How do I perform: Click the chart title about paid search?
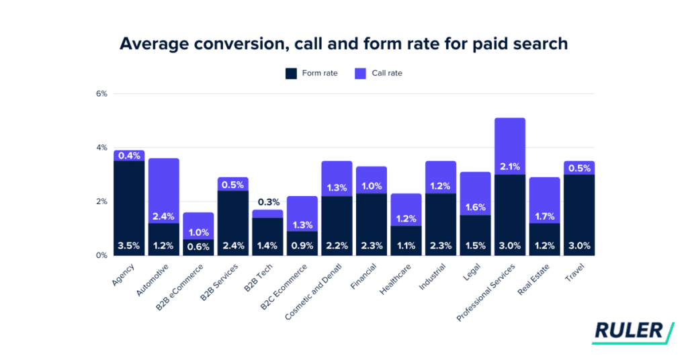pos(343,44)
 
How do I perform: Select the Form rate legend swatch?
pos(291,73)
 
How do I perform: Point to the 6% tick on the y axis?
pos(101,93)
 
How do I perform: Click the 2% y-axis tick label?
pos(101,201)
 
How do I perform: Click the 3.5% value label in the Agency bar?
pos(129,246)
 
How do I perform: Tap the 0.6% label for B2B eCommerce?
pos(198,246)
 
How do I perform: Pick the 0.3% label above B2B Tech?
pos(267,201)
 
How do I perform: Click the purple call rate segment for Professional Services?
pos(509,144)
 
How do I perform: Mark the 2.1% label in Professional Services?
pos(509,167)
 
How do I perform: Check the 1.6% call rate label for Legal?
pos(475,207)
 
